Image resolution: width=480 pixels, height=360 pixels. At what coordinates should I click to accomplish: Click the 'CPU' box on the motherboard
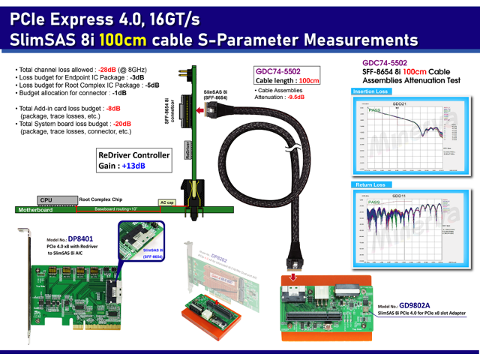(x=46, y=200)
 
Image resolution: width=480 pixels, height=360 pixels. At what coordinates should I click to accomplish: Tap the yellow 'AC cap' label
(x=168, y=202)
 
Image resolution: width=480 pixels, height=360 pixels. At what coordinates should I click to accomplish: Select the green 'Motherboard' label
(x=36, y=210)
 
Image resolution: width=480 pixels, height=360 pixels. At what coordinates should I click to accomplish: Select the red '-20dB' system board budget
(x=122, y=124)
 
